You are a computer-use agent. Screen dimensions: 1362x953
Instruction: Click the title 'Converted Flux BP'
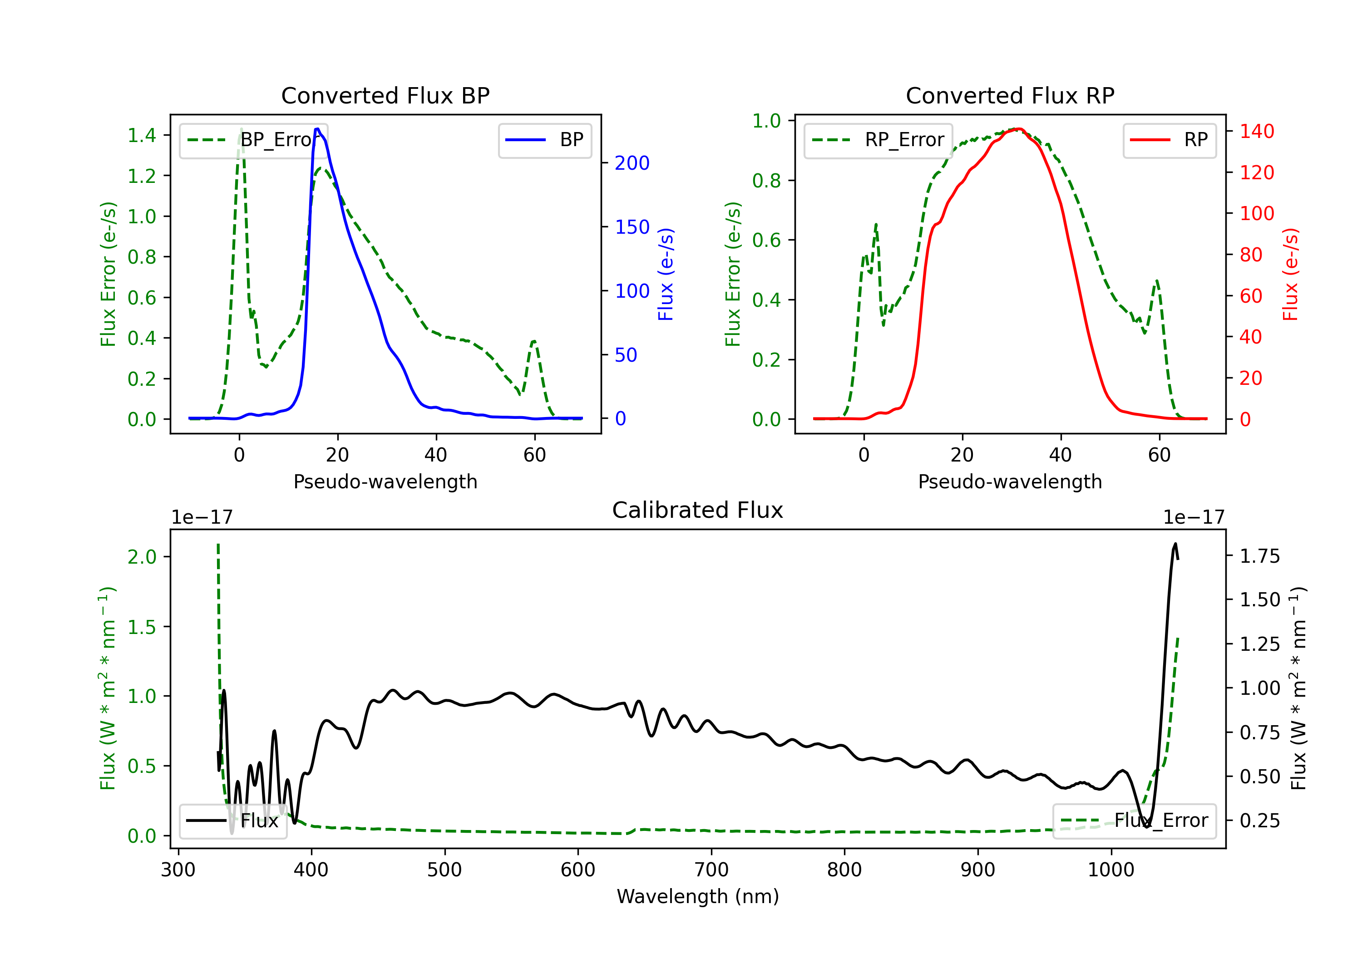[x=385, y=95]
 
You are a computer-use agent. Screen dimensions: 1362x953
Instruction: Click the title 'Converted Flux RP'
[x=1010, y=95]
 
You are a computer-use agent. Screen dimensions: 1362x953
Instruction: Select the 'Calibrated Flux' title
[x=698, y=510]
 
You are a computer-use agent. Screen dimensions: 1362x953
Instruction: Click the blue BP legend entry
[x=544, y=140]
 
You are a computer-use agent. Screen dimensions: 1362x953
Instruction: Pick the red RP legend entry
[x=1169, y=140]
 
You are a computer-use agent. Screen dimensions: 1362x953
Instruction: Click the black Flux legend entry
[x=232, y=821]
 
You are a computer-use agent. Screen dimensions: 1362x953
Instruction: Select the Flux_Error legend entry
[x=1134, y=821]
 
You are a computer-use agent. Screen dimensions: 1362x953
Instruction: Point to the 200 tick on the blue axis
[x=632, y=163]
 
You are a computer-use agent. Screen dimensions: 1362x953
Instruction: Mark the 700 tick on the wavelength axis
[x=711, y=870]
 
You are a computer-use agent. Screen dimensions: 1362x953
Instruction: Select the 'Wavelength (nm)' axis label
[x=698, y=896]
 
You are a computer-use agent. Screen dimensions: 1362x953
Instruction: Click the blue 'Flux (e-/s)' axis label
[x=666, y=275]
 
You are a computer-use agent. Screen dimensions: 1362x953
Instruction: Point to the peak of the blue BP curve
[x=317, y=129]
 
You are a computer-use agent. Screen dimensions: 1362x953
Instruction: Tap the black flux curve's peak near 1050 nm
[x=1175, y=543]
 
